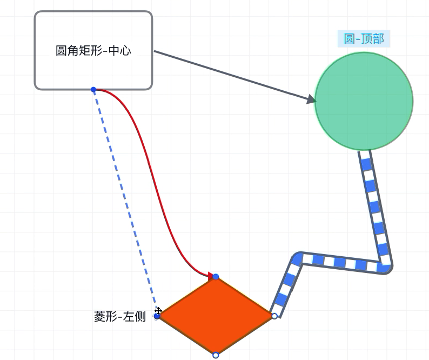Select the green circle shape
point(364,101)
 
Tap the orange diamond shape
point(216,316)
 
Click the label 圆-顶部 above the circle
point(364,38)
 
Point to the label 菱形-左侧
point(120,317)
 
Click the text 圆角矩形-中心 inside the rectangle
point(93,51)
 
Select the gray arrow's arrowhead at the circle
point(311,99)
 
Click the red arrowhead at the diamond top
point(211,276)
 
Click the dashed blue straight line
point(125,203)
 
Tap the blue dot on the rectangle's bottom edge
point(93,90)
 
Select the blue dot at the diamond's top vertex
point(216,277)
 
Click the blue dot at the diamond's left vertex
point(157,316)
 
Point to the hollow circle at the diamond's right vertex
point(274,316)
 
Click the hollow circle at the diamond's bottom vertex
point(216,355)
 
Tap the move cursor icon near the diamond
point(158,311)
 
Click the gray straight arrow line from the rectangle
point(234,76)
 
